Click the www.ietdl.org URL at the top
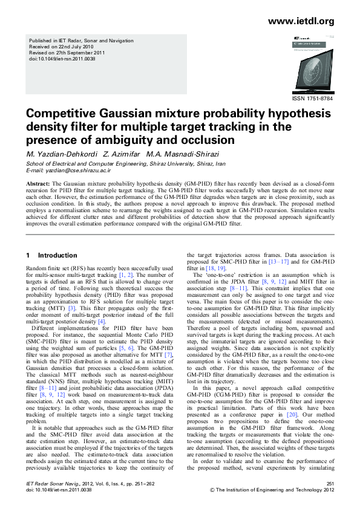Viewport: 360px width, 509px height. coord(300,21)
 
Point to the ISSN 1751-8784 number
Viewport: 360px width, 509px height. coord(313,98)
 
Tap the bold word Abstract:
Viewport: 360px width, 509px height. coord(38,183)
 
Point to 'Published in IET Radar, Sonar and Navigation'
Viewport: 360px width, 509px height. coord(77,40)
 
